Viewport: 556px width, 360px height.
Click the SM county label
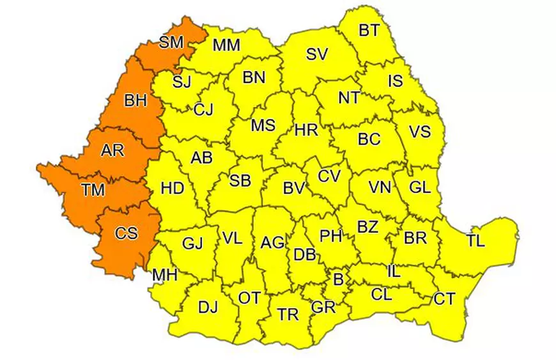171,43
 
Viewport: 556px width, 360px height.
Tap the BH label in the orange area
135,100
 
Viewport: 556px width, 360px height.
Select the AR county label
112,151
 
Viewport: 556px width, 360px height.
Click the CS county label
126,233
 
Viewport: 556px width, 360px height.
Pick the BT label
368,29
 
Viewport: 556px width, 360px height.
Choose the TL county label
475,241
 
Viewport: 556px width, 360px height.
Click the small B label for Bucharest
338,279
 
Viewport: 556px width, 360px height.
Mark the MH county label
165,276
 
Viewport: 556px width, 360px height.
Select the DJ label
208,308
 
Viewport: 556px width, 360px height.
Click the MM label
226,45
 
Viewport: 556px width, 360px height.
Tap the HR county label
306,130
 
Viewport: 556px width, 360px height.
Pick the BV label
293,188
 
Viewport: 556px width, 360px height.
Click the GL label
420,188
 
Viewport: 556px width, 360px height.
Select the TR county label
288,314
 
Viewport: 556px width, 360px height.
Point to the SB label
240,181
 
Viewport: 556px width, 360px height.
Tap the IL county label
394,272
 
